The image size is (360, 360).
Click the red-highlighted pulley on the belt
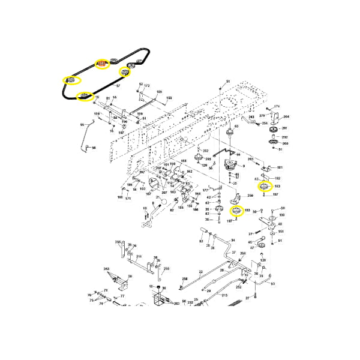pyautogui.click(x=102, y=63)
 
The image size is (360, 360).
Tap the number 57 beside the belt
pyautogui.click(x=118, y=86)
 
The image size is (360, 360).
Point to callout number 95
pyautogui.click(x=82, y=125)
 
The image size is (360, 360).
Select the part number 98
pyautogui.click(x=94, y=146)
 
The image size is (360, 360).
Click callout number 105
pyautogui.click(x=159, y=92)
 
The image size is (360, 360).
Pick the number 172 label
pyautogui.click(x=146, y=86)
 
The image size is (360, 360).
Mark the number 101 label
pyautogui.click(x=280, y=167)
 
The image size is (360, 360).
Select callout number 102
pyautogui.click(x=277, y=178)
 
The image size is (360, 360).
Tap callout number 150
pyautogui.click(x=281, y=215)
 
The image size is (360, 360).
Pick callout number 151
pyautogui.click(x=281, y=232)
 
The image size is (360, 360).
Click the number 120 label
pyautogui.click(x=263, y=260)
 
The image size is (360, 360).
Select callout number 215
pyautogui.click(x=224, y=295)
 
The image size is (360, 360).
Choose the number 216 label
pyautogui.click(x=138, y=256)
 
